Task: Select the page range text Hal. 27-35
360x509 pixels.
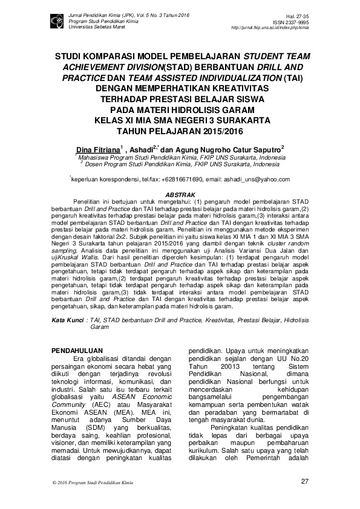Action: point(299,18)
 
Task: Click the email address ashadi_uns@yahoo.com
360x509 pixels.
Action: point(255,180)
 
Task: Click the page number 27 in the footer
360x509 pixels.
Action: point(304,481)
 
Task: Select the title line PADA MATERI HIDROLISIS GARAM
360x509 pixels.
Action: point(180,109)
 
